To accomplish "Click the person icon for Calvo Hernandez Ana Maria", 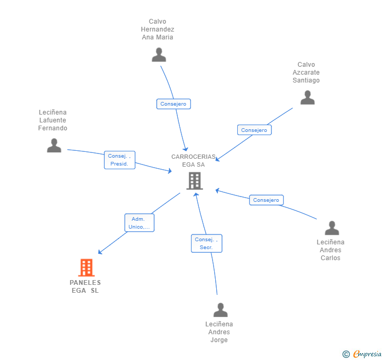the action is click(158, 55).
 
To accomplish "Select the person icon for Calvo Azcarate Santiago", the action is click(307, 97).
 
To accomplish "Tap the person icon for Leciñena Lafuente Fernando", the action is click(54, 145).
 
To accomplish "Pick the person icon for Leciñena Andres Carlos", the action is click(331, 228).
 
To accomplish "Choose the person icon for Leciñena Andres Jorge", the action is click(220, 310).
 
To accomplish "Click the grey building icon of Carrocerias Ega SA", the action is click(195, 181).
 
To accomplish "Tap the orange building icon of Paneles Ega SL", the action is click(86, 268).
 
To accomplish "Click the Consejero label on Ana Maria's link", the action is click(173, 104).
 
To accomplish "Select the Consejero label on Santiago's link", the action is click(254, 130).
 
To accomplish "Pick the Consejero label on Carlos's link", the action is click(266, 200).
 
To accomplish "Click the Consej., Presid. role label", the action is click(119, 160).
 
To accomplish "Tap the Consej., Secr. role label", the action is click(206, 243).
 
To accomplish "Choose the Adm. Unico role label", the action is click(139, 223).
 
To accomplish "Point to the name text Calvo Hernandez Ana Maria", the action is click(157, 29).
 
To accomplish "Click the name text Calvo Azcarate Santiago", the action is click(306, 73).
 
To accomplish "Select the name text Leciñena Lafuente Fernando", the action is click(53, 120).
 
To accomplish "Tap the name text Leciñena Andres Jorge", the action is click(219, 332).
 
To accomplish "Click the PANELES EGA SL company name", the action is click(85, 286).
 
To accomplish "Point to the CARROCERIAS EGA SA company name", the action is click(193, 160).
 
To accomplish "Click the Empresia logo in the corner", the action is click(362, 354).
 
